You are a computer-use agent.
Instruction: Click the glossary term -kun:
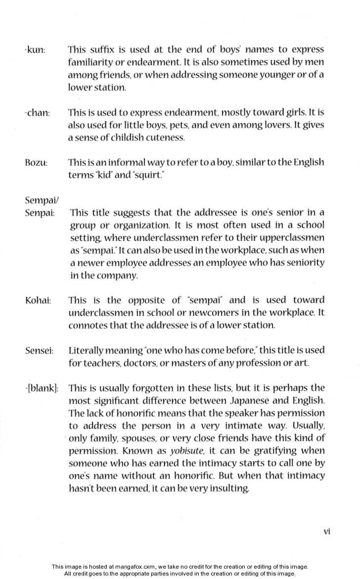(34, 50)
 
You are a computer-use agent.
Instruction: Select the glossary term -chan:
(37, 113)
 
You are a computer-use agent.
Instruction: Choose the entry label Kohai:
(38, 301)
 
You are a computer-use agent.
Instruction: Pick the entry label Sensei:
(39, 351)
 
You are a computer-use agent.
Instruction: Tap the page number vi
(326, 532)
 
